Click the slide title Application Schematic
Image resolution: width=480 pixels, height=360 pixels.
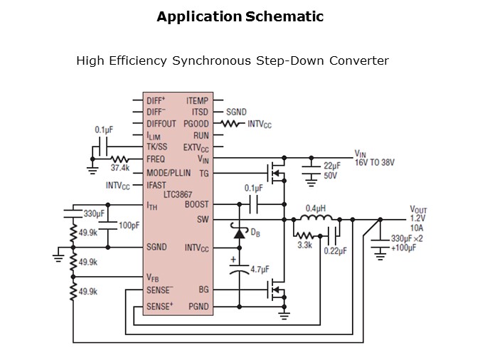click(x=240, y=16)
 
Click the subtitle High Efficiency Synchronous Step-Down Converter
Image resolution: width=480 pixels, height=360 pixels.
click(x=232, y=61)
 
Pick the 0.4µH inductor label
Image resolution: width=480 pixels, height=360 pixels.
click(x=316, y=208)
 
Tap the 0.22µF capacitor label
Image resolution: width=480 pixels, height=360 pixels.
click(x=334, y=250)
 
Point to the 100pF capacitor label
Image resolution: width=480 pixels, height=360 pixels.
click(x=129, y=226)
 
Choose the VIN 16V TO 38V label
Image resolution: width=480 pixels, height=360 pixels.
click(x=375, y=158)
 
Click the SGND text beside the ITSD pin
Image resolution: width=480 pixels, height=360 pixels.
click(x=236, y=112)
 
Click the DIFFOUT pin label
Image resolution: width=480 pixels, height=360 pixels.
click(x=161, y=124)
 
